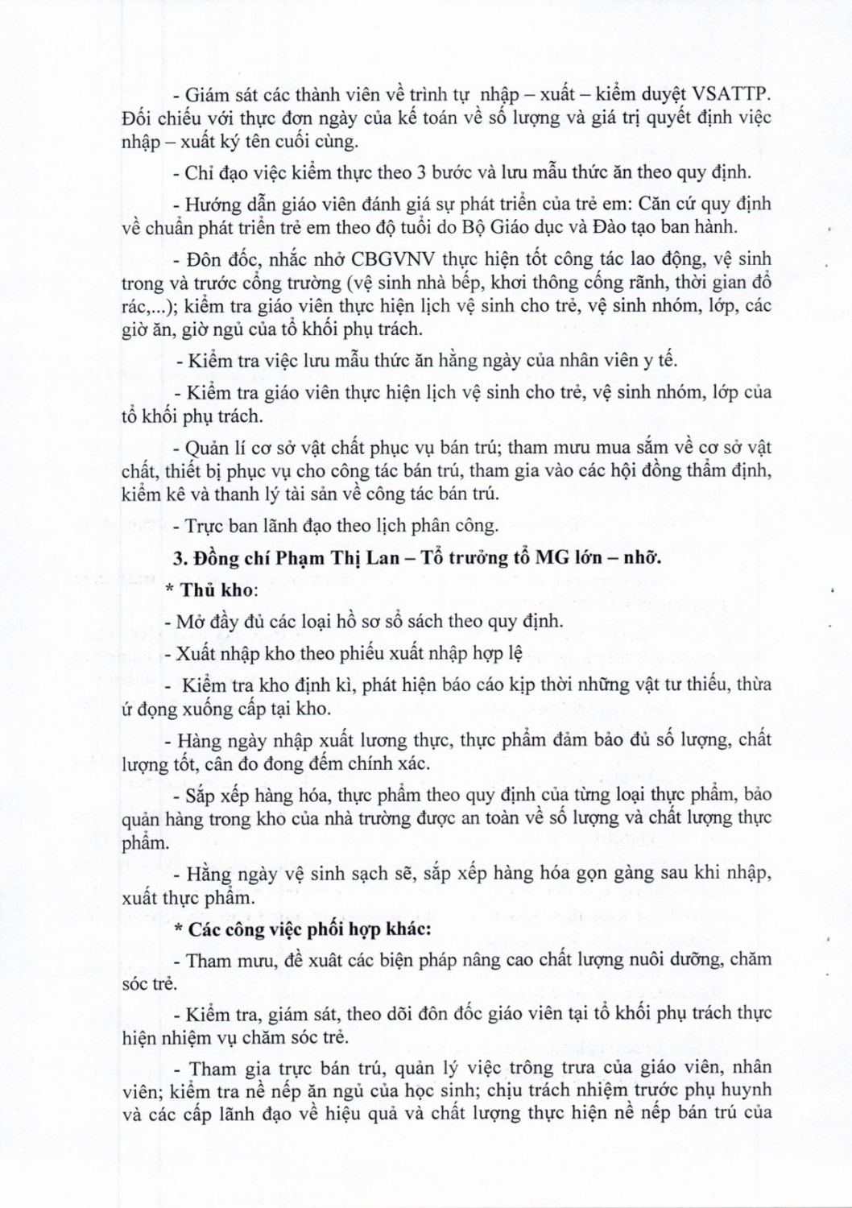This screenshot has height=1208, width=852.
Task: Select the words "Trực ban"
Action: [221, 525]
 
